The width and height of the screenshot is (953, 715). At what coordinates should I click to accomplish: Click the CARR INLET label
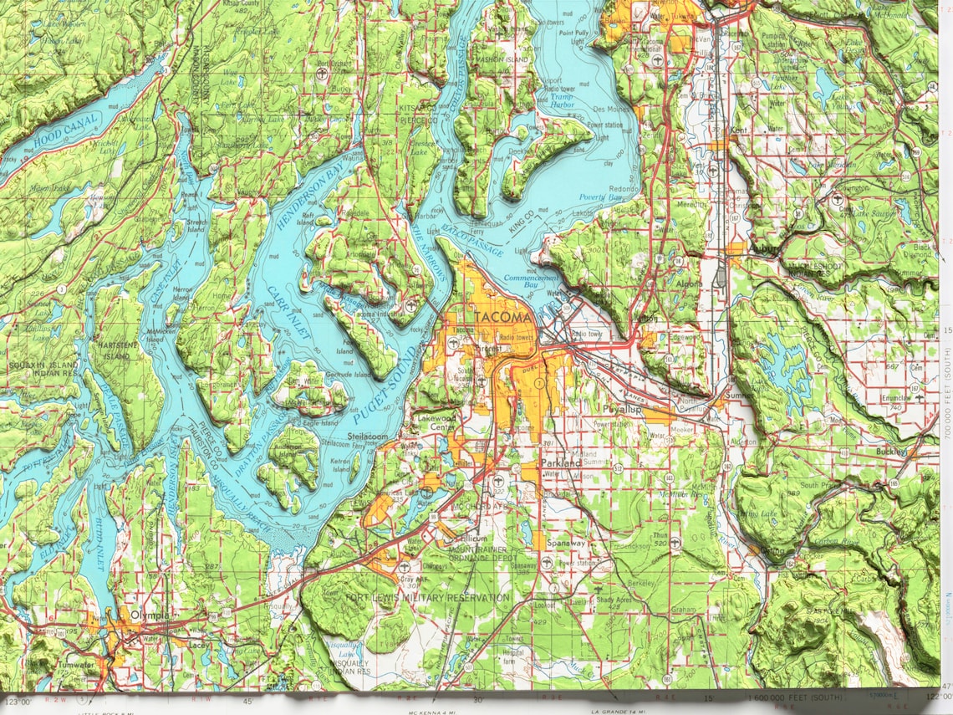coord(290,313)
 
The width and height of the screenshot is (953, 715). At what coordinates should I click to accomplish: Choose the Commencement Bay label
coord(530,281)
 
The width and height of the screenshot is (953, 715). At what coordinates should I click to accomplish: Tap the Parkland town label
coord(560,462)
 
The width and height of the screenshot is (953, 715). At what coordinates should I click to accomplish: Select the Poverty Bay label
coord(599,197)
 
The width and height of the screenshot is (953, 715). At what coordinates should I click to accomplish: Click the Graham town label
coord(683,610)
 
